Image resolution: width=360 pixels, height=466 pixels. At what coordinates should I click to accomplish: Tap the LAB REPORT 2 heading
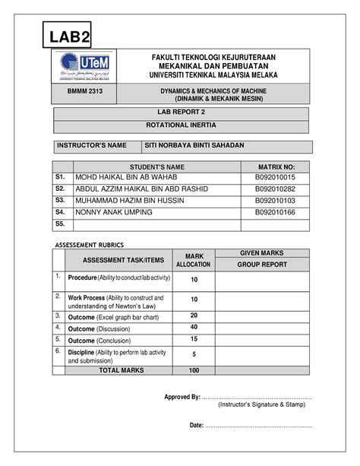(x=181, y=112)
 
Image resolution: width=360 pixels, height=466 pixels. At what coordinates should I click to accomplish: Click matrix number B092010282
(x=275, y=189)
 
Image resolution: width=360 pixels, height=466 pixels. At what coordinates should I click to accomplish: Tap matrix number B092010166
(x=275, y=212)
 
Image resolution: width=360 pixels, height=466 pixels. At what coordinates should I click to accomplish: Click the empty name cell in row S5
(x=156, y=224)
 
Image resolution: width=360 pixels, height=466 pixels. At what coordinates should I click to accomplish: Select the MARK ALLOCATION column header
(x=194, y=259)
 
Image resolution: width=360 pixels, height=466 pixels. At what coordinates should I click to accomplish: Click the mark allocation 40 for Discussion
(x=194, y=328)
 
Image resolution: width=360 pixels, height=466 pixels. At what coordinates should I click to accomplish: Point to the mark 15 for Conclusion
(x=194, y=339)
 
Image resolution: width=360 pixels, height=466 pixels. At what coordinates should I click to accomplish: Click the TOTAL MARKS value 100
(x=194, y=370)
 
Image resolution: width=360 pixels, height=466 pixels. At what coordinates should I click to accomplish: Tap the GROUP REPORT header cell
(x=262, y=265)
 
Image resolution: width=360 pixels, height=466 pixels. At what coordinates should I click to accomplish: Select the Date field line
(x=258, y=425)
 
